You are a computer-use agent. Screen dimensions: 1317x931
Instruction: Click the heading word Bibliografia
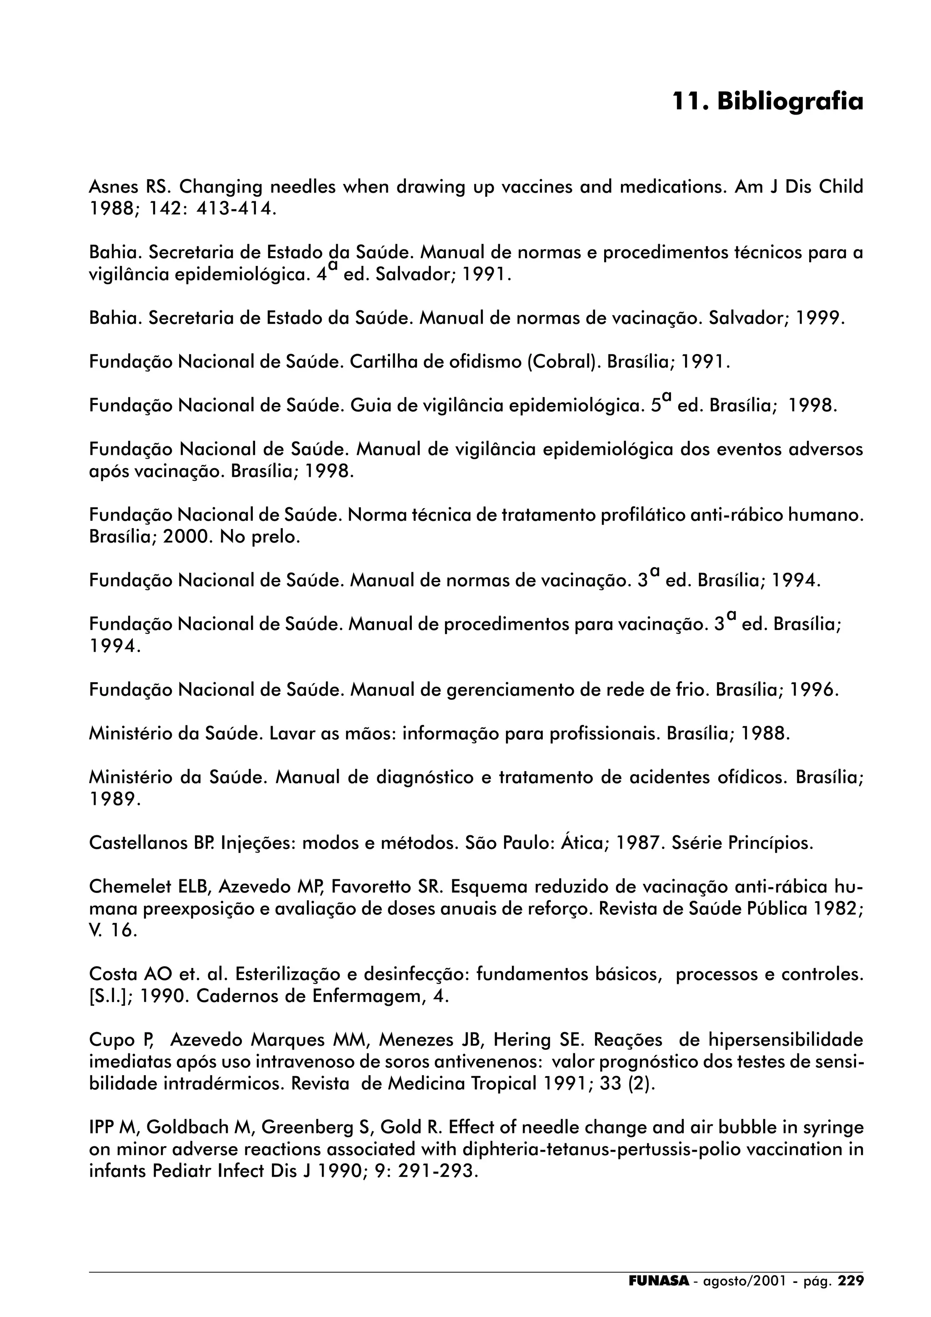click(790, 101)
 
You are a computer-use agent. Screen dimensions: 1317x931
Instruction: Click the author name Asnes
click(112, 187)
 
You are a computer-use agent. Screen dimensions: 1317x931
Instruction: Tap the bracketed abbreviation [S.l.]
click(111, 996)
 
